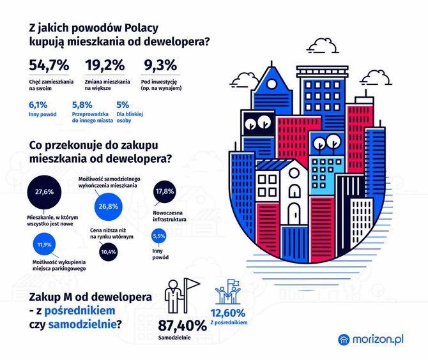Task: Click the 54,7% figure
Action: [x=49, y=66]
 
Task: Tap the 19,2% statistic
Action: [x=105, y=66]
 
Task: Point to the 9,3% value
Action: [x=160, y=66]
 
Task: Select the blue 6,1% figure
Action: [x=38, y=105]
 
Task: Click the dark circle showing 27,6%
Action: [x=44, y=192]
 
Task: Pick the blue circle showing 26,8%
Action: [x=108, y=206]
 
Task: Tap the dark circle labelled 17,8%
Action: [x=165, y=191]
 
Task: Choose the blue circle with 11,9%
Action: [x=44, y=244]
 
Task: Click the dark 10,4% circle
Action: [x=109, y=251]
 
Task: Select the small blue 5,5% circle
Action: [x=159, y=236]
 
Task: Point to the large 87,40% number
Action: [x=182, y=326]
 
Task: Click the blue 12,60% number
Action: [x=228, y=313]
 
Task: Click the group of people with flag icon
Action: [x=228, y=292]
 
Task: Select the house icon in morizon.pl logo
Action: [x=344, y=340]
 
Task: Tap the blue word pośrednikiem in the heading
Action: [x=80, y=311]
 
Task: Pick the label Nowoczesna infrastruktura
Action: [x=169, y=216]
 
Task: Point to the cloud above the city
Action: [x=323, y=46]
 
